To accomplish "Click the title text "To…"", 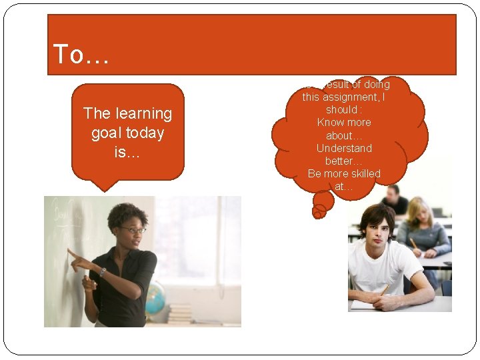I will pos(81,55).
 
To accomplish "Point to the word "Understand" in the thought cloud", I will pos(344,148).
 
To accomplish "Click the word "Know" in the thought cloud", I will pos(330,123).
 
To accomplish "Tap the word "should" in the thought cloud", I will pos(342,110).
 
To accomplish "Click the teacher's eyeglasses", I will pos(132,230).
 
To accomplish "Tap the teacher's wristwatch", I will pos(103,272).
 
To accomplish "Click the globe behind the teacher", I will pos(155,299).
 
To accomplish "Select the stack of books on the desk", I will pos(179,313).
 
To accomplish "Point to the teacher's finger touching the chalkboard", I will pos(69,252).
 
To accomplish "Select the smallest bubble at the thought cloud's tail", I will pos(319,211).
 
